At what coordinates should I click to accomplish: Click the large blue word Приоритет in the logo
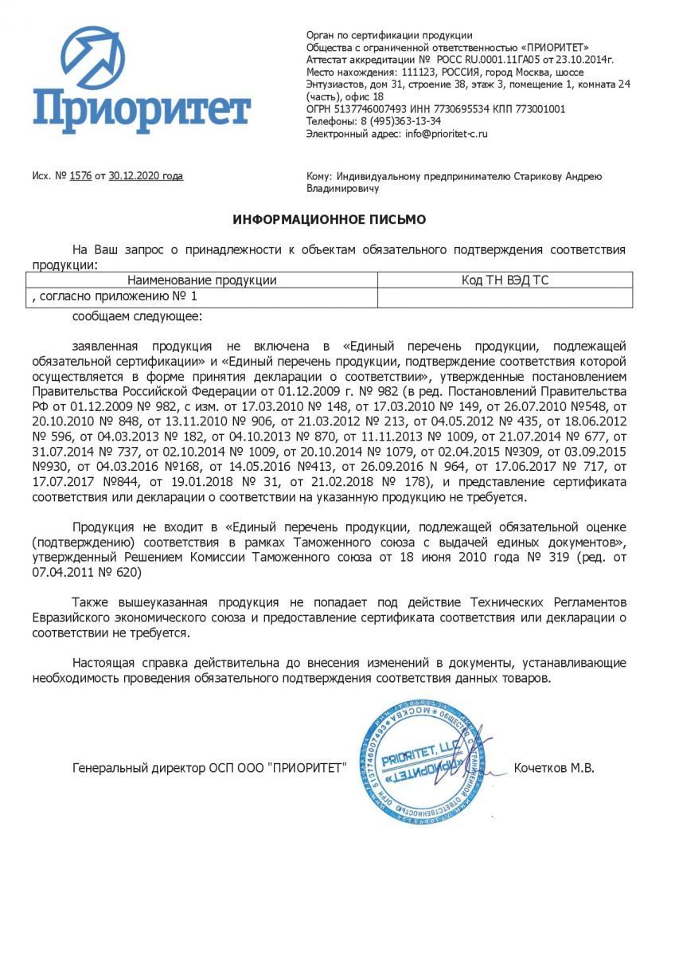coord(142,111)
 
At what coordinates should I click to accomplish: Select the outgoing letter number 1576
coord(80,176)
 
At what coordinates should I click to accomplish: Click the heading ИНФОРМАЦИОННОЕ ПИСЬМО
coord(329,219)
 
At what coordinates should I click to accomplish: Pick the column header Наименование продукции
coord(202,280)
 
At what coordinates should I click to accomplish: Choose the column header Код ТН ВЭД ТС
coord(505,280)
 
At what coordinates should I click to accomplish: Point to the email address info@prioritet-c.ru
coord(446,134)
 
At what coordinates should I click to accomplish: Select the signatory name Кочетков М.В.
coord(554,769)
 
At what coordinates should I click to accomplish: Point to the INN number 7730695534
coord(455,109)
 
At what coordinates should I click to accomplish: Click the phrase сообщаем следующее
coord(137,316)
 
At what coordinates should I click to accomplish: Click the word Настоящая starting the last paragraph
coord(104,663)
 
